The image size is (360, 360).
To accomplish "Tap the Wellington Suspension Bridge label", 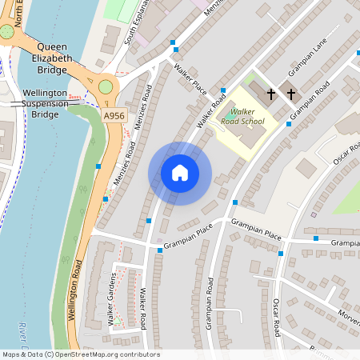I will tap(45, 104).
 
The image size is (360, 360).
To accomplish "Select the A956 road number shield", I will tap(114, 115).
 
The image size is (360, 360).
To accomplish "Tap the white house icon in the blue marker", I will tap(180, 173).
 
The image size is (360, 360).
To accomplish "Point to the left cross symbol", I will tap(271, 94).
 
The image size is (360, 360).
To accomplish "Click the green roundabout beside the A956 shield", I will tap(106, 86).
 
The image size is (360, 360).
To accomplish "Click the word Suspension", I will tap(45, 104).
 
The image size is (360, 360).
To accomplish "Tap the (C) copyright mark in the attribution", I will tap(50, 354).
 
